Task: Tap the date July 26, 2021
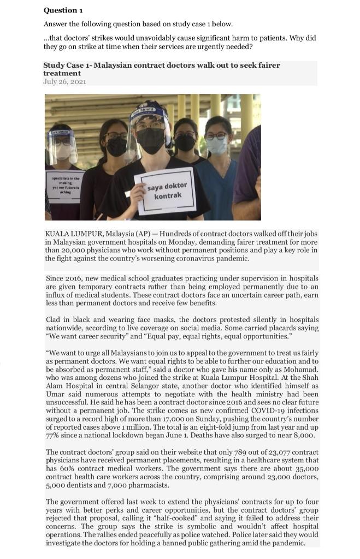(x=64, y=81)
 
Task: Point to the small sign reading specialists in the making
(x=65, y=186)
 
